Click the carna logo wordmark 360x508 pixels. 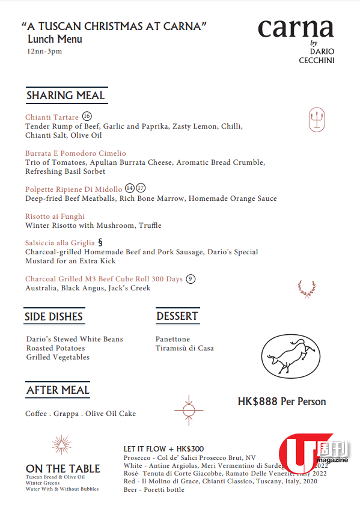pos(295,29)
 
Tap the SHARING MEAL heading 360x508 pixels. pos(66,96)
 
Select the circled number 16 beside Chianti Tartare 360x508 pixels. pos(87,116)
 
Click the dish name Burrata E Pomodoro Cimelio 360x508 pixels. pos(76,153)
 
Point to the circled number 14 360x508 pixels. pos(130,189)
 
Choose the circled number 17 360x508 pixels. pos(141,189)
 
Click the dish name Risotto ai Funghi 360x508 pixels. pos(55,216)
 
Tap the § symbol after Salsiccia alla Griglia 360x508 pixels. pos(100,243)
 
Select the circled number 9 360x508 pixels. pos(191,278)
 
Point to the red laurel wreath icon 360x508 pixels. pos(307,288)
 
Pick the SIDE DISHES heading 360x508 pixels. pos(54,317)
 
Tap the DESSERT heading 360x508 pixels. pos(177,316)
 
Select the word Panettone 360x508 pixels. pos(172,339)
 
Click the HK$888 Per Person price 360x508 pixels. pos(282,402)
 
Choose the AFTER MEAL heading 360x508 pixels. pos(58,390)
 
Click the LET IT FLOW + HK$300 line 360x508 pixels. pos(163,448)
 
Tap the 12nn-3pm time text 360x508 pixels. pos(44,52)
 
